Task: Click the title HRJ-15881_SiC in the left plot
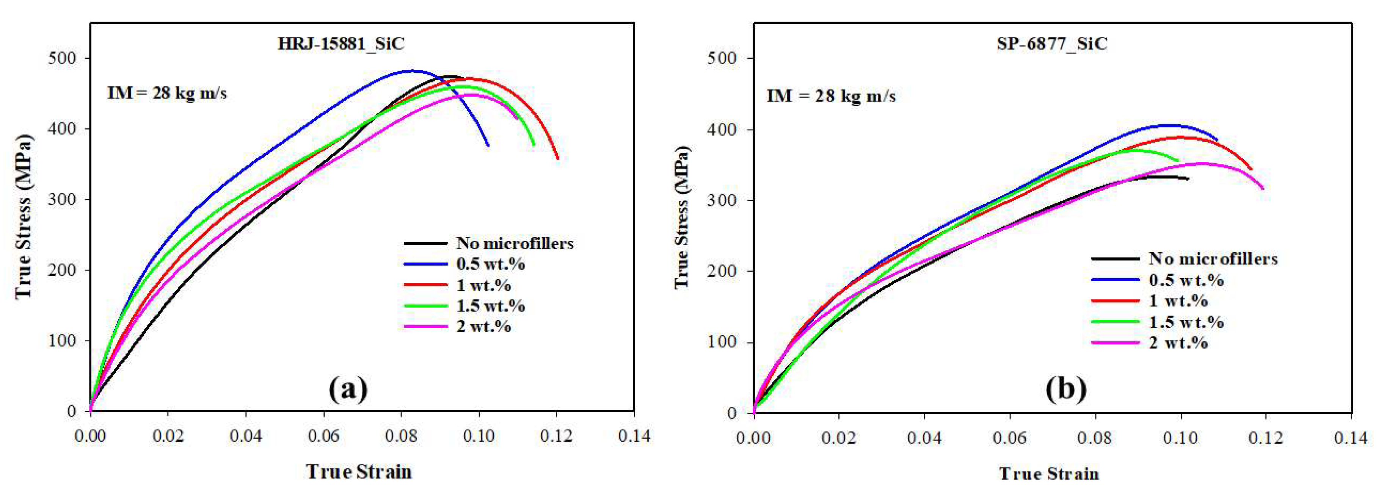coord(341,44)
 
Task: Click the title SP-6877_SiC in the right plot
coord(1052,44)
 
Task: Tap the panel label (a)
coord(348,389)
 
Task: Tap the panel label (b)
coord(1066,389)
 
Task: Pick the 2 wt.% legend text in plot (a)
coord(483,327)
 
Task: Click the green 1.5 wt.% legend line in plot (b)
coord(1115,322)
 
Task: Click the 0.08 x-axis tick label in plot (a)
coord(401,436)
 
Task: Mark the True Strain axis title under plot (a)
coord(359,471)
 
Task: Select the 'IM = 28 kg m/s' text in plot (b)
coord(831,96)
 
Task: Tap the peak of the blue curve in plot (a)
coord(413,70)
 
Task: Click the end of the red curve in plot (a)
coord(558,158)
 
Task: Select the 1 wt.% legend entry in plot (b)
coord(1178,301)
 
